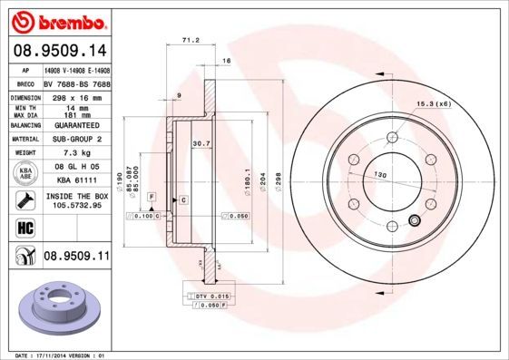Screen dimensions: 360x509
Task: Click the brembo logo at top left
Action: [59, 21]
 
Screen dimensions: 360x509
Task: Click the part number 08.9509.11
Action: [76, 258]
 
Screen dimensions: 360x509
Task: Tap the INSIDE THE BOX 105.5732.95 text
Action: [76, 200]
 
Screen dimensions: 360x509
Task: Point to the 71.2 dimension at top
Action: [190, 41]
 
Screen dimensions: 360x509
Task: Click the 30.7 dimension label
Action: [201, 143]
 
